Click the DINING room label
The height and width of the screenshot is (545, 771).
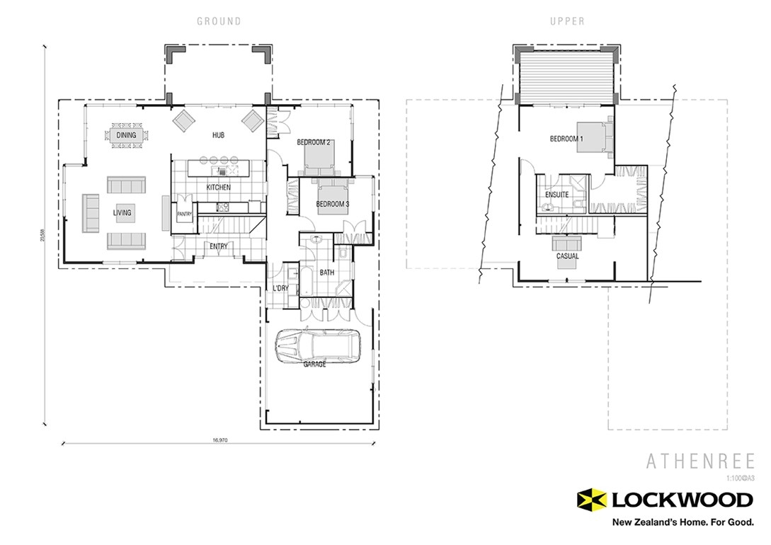tap(127, 135)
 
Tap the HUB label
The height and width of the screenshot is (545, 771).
tap(218, 134)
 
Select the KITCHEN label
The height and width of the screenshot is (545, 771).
tap(218, 188)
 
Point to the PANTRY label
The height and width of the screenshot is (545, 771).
tap(185, 214)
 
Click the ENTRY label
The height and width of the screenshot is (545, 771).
tap(218, 246)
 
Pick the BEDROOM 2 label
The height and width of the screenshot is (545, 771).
tap(314, 142)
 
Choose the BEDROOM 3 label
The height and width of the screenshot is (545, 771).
tap(333, 205)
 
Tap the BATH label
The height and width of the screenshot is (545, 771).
tap(327, 272)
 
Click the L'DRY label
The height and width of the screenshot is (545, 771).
tap(279, 289)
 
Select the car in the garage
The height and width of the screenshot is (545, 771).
tap(318, 346)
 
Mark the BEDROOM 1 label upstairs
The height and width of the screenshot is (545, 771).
tap(566, 139)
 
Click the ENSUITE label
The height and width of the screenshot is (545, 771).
tap(557, 195)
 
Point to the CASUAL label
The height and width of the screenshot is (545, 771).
tap(567, 256)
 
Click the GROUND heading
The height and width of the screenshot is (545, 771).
tap(219, 21)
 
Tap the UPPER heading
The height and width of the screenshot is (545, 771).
tap(567, 21)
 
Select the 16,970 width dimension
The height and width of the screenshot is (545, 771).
tap(219, 440)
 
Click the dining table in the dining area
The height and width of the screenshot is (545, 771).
tap(127, 135)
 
